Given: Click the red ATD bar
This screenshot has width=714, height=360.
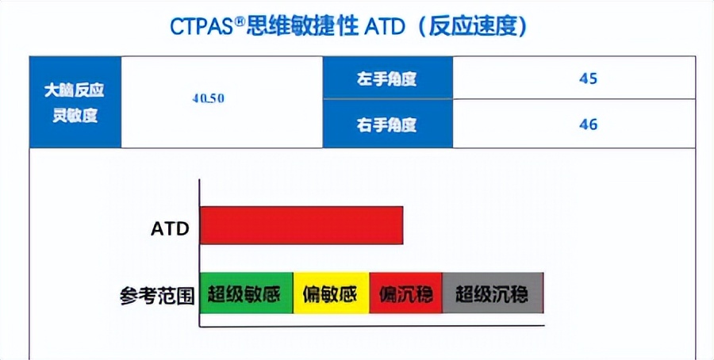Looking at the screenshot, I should click(301, 224).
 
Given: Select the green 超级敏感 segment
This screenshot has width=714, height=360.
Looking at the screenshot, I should click(246, 293).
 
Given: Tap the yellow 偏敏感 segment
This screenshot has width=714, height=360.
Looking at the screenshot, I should click(331, 293).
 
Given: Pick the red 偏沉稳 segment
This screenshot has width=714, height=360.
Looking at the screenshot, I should click(405, 293).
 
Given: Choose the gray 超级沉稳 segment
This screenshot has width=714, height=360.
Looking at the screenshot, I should click(492, 293).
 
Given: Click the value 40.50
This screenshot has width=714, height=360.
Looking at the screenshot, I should click(209, 99).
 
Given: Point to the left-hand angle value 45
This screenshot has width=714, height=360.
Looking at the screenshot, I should click(588, 79).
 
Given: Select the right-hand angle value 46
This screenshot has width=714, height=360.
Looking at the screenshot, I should click(588, 124).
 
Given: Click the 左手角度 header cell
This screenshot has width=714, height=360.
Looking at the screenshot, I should click(387, 79).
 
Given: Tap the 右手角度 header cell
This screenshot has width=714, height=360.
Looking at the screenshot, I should click(387, 124).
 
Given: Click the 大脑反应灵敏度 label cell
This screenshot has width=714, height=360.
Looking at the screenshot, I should click(75, 102).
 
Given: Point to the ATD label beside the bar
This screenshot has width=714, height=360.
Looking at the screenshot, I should click(171, 229).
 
